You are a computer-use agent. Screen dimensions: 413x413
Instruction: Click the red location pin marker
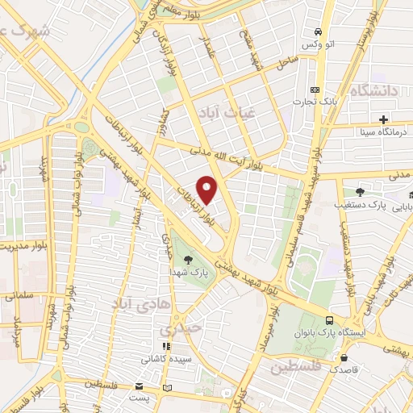(x=207, y=190)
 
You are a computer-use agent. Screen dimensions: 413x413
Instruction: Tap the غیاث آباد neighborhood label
(x=223, y=113)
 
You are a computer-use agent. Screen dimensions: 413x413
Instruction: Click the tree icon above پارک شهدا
(x=188, y=260)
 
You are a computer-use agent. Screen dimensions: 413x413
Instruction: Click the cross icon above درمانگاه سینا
(x=383, y=119)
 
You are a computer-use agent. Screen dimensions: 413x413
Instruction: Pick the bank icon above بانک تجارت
(x=315, y=90)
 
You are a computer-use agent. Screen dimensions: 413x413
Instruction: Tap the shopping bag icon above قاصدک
(x=344, y=357)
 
